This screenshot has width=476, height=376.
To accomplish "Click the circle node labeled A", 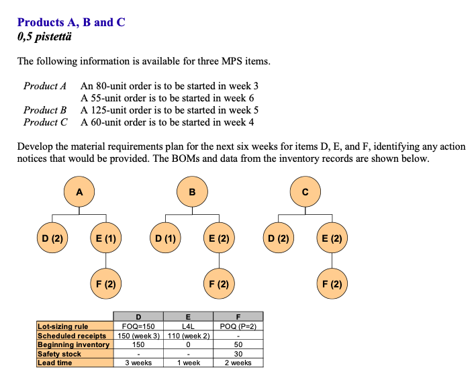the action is point(79,191).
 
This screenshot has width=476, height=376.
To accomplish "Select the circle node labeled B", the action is point(193,191).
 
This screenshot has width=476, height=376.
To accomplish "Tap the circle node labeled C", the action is point(305,191).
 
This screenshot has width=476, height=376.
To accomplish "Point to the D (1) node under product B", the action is point(164,237).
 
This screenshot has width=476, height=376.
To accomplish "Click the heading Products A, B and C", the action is point(71,22).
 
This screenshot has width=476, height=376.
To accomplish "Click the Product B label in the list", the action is point(45,110).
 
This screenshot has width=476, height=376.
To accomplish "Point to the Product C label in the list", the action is point(45,122).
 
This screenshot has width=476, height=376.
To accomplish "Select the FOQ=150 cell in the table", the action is point(138,326).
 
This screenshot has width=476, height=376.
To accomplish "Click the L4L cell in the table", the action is point(187,326).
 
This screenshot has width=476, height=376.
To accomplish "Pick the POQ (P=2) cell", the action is point(238,326).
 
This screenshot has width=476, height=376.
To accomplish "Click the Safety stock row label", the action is point(60,354).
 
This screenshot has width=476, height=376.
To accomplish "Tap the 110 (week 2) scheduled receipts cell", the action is point(187,336).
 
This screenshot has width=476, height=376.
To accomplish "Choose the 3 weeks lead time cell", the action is point(138,363).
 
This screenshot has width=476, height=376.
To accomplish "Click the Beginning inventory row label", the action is point(73,344).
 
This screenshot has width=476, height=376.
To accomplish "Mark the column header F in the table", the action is point(238,316).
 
